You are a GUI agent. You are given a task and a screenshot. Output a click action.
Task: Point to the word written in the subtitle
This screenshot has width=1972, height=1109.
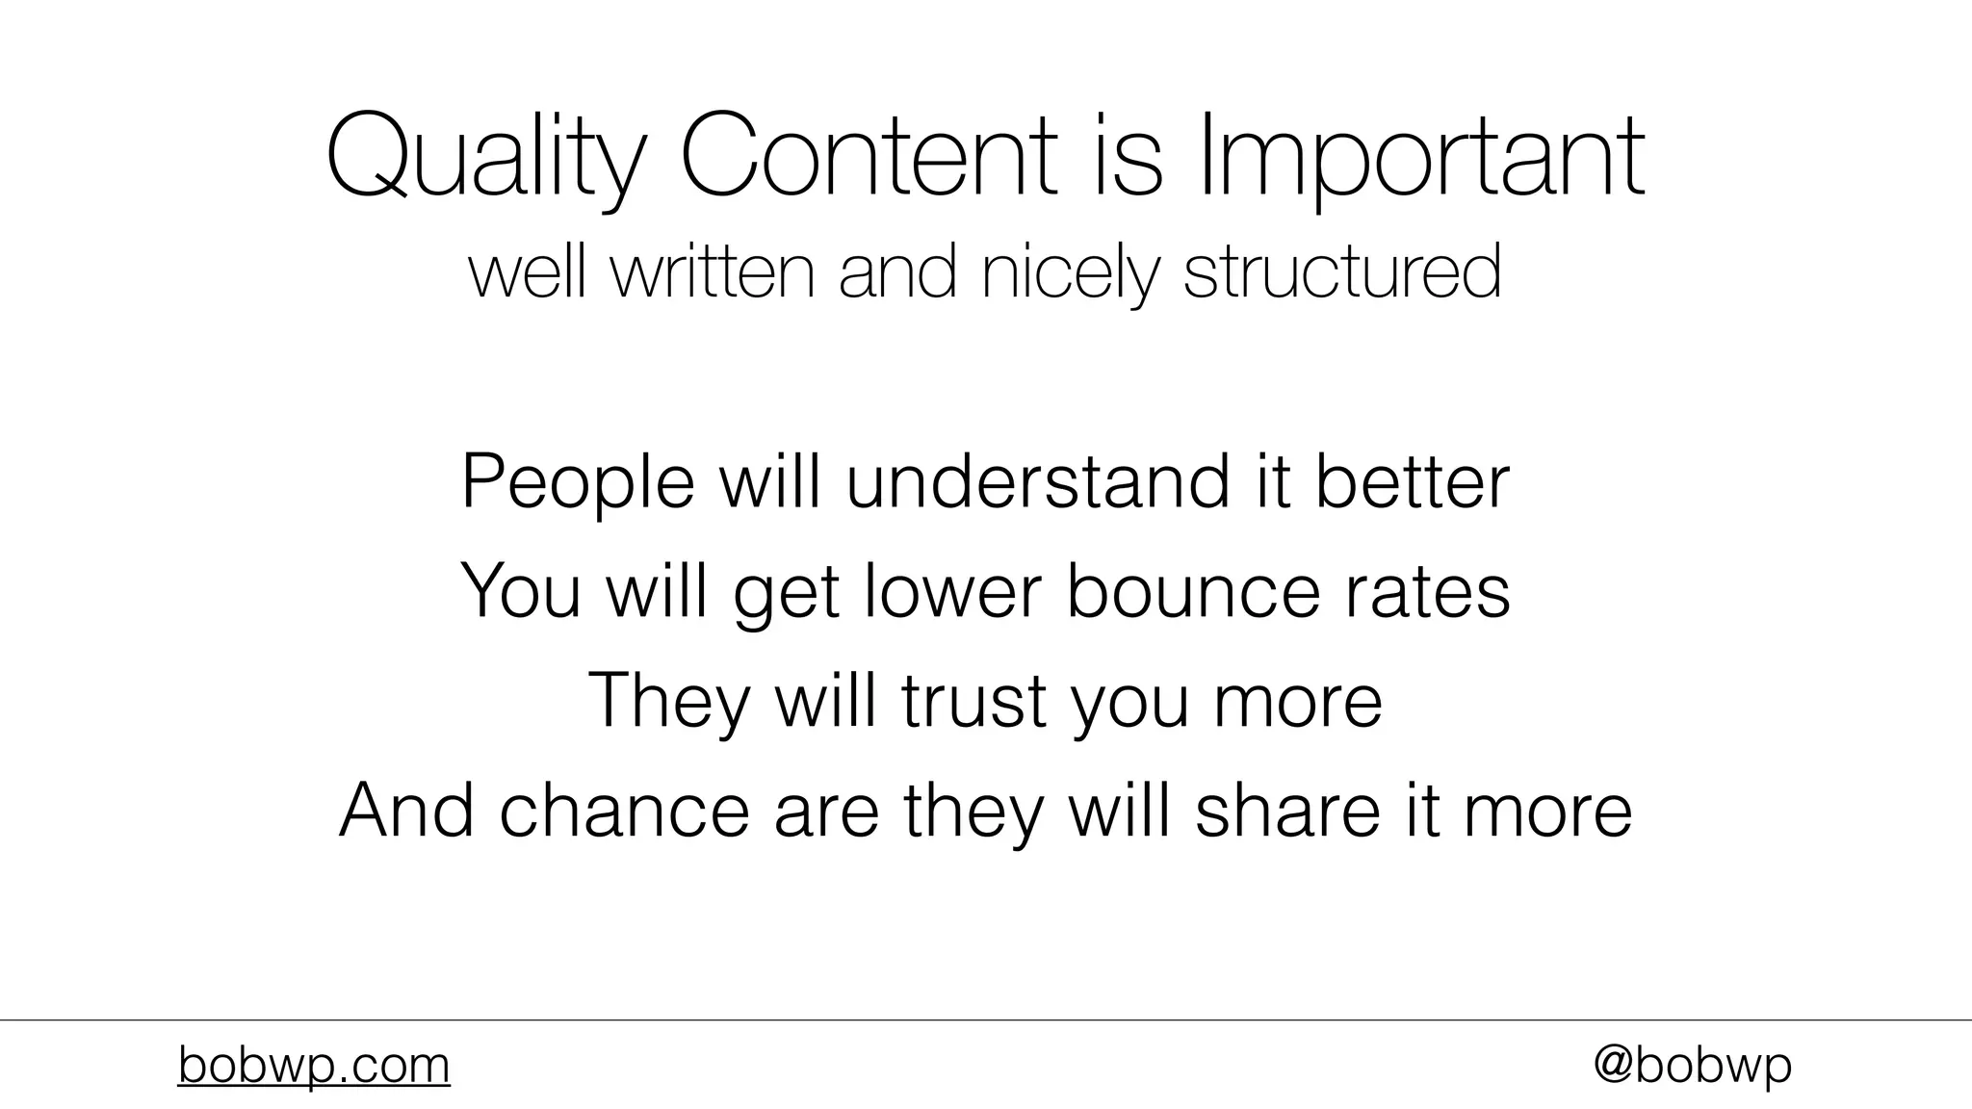[714, 272]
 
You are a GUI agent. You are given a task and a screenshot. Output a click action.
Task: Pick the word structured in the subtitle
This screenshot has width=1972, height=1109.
[1341, 272]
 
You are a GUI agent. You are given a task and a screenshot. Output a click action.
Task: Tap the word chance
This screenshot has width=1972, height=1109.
[624, 810]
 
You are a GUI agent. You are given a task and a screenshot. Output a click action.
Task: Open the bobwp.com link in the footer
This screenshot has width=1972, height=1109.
[314, 1066]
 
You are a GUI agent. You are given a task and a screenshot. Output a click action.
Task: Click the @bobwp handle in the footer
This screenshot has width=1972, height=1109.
[1692, 1066]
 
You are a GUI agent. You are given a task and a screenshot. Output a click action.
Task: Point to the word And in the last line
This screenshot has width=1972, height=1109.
[406, 810]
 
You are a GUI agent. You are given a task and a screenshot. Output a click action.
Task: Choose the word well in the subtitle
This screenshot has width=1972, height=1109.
[527, 272]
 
